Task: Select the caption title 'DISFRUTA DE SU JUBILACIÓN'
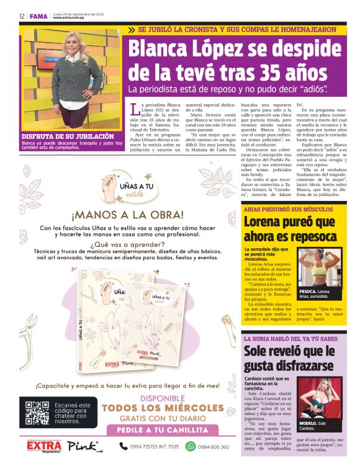tap(68, 136)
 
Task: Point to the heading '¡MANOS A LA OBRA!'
tap(127, 215)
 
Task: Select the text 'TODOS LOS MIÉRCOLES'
tap(162, 408)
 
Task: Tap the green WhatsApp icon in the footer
tap(191, 446)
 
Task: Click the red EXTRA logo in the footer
tap(45, 445)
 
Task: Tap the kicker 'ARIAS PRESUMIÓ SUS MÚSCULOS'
tap(280, 209)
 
